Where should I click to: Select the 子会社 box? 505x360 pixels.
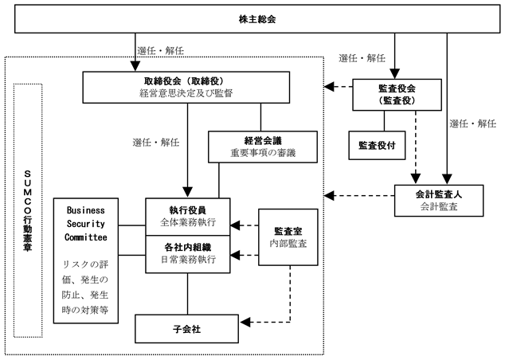[x=187, y=327]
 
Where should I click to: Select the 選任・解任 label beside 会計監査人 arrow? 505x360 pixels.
[x=472, y=123]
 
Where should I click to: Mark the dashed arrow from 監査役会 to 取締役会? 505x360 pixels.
[x=338, y=86]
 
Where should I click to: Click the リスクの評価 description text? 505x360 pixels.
[x=87, y=285]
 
